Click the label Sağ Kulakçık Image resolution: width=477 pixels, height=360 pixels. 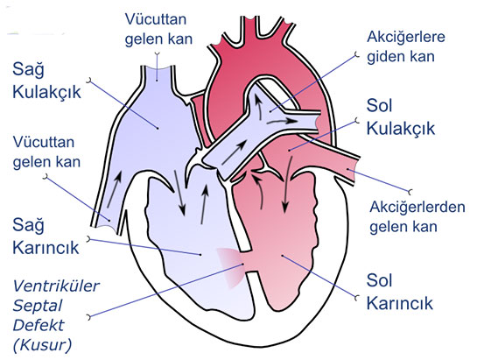(46, 81)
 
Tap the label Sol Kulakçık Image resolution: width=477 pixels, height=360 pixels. (401, 117)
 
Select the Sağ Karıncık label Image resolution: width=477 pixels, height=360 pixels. (46, 236)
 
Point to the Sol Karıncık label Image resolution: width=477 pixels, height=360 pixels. (399, 292)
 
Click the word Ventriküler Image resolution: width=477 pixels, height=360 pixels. (56, 286)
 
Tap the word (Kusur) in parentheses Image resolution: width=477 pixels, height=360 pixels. (42, 345)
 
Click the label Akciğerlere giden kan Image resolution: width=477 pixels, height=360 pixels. (406, 47)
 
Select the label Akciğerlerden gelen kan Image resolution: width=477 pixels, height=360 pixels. (417, 217)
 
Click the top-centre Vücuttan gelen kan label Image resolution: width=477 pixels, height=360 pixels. (158, 29)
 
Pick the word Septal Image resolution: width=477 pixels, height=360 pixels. (38, 306)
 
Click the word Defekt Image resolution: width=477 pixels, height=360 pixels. (39, 325)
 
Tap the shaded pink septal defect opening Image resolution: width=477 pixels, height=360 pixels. (231, 268)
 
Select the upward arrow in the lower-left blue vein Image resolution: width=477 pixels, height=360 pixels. (114, 189)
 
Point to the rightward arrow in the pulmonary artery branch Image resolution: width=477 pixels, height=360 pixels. (283, 121)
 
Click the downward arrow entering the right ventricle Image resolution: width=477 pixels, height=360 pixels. (179, 193)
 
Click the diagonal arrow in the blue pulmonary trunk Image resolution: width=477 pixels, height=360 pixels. (235, 152)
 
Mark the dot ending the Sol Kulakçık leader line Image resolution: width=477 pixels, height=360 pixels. (290, 150)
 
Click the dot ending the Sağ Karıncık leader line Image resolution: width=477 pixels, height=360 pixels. (200, 254)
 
